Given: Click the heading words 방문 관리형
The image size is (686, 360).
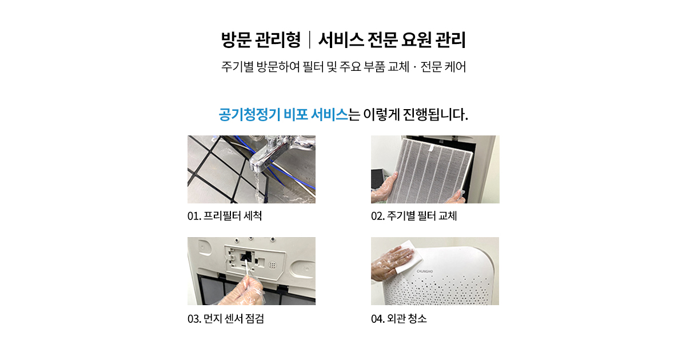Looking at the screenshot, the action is [261, 40].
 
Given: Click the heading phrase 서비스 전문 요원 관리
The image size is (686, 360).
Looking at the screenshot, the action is [392, 40].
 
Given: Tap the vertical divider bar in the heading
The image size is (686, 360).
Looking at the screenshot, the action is [310, 40].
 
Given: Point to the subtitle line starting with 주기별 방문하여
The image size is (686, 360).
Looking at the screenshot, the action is [344, 66].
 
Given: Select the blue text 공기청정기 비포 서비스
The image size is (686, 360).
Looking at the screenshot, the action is [284, 115].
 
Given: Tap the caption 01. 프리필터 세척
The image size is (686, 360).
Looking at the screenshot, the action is [225, 216].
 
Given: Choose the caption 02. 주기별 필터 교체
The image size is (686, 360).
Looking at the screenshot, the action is [414, 216].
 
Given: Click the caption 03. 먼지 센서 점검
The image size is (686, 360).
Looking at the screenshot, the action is [226, 319].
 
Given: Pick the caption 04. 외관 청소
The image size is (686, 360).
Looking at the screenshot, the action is [399, 319].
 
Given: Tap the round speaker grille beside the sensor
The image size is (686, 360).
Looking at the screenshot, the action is [272, 265].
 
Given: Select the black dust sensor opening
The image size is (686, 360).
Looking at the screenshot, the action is [246, 257].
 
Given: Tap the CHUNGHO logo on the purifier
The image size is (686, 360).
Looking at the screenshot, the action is [425, 271].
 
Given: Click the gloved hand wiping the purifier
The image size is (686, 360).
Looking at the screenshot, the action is [392, 263].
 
